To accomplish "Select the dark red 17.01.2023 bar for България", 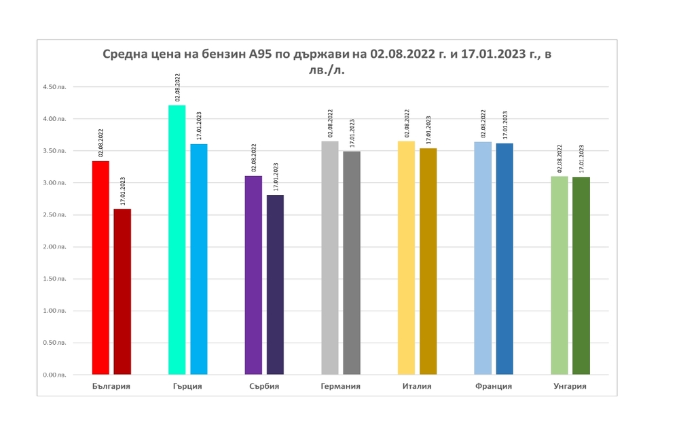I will coord(122,292).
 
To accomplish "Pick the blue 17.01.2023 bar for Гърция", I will coord(199,259).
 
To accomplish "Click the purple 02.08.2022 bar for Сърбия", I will coord(253,275).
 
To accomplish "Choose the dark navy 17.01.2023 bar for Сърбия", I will coord(275,285).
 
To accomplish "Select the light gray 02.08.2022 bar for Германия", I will coord(330,258).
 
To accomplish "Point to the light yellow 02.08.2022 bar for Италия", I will coord(406,258).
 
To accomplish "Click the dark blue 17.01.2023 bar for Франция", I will coord(504,258).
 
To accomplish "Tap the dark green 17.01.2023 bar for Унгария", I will coord(581,275).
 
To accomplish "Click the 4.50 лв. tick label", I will coord(55,87).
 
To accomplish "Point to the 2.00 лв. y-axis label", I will coord(55,247).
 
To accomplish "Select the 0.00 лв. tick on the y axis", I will coord(55,375).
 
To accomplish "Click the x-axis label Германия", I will coord(340,386).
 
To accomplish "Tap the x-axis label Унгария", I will coord(570,386).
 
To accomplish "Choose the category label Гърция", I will coord(187,386).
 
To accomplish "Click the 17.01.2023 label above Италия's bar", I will coord(428,128).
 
